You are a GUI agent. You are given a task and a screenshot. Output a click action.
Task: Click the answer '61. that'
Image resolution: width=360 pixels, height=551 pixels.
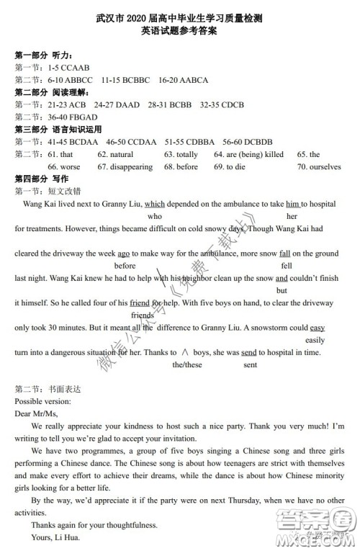[60, 154]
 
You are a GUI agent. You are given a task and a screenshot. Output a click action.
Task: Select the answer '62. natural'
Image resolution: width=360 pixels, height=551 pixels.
[116, 154]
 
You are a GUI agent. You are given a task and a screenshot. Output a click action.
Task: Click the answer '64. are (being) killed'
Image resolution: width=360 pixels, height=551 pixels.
[248, 154]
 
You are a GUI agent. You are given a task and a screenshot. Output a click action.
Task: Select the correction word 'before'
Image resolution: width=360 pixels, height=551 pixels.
[125, 266]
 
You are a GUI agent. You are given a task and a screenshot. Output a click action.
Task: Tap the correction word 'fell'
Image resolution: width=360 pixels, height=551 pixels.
[286, 266]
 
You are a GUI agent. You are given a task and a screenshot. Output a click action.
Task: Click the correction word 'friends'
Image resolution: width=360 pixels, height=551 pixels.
[142, 315]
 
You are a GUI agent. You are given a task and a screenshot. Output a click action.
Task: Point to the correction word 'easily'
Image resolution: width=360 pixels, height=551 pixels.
[315, 340]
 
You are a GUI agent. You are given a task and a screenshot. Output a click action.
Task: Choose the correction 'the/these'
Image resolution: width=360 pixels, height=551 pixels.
[187, 365]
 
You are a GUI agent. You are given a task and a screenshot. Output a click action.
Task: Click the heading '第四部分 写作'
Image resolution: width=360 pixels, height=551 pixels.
[42, 179]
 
